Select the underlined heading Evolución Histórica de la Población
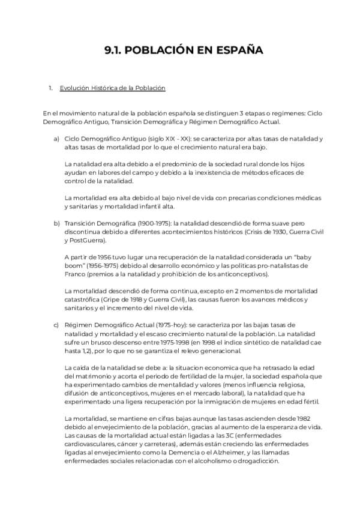tap(112, 88)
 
